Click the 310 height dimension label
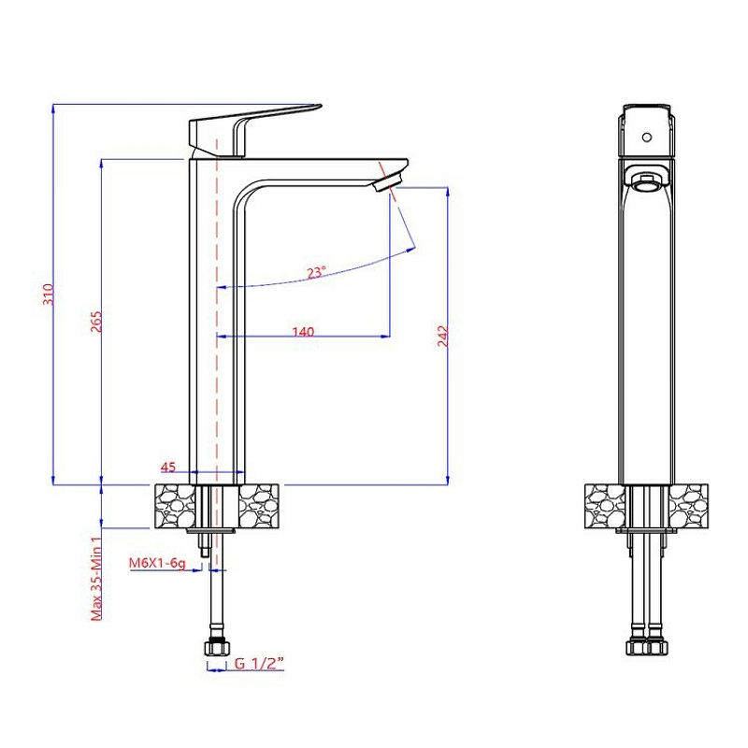(x=49, y=295)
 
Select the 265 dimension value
(x=96, y=322)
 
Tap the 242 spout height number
(x=442, y=336)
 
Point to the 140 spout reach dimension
(x=303, y=331)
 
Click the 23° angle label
(x=316, y=272)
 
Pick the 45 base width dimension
(x=168, y=467)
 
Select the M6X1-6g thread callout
(x=157, y=564)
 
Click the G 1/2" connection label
(x=259, y=663)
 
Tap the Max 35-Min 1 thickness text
(x=97, y=577)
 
